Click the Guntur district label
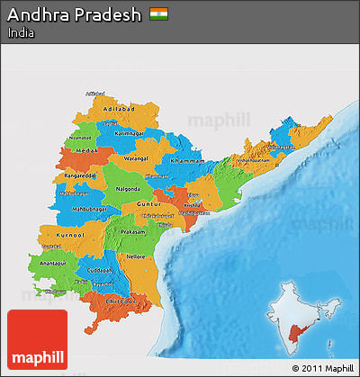(x=148, y=205)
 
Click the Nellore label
(x=136, y=256)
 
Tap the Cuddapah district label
(x=101, y=270)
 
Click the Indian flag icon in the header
(x=160, y=14)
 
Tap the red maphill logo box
(x=37, y=339)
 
